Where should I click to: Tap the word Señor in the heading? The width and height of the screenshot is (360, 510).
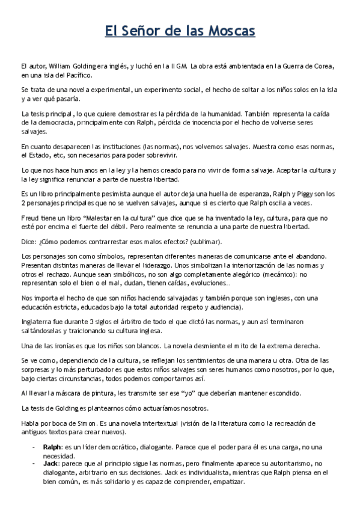click(x=139, y=31)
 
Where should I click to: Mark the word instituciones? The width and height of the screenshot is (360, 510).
click(x=106, y=146)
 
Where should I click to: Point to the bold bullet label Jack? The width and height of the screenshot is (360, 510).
click(x=50, y=464)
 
